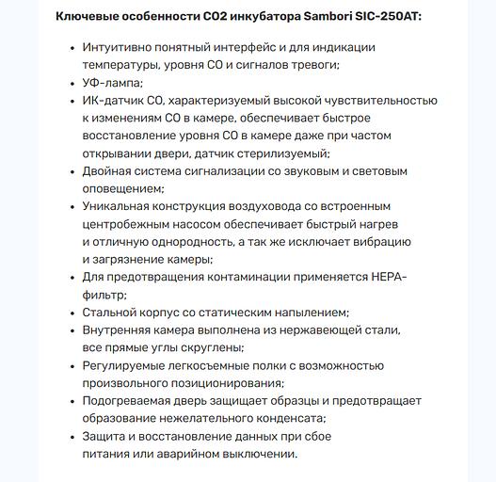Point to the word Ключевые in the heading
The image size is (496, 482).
[x=88, y=17]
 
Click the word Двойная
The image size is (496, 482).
[x=109, y=171]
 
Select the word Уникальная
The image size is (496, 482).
[x=118, y=206]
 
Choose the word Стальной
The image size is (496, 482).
[x=112, y=313]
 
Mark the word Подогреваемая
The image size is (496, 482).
[x=130, y=401]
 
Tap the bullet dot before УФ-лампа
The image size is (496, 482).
[x=72, y=83]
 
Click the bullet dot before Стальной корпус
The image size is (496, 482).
[x=72, y=313]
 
